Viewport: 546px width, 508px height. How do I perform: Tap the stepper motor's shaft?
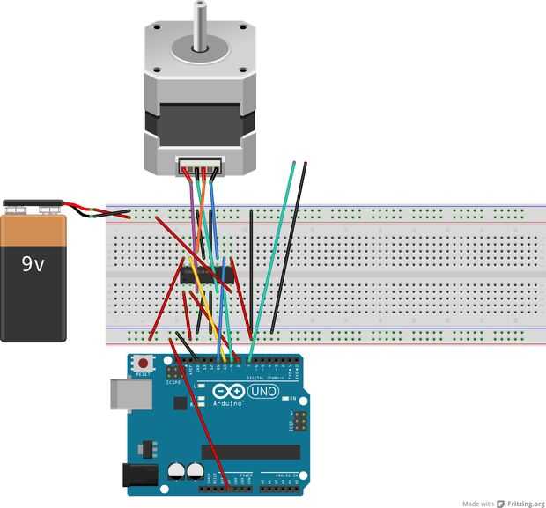pos(202,22)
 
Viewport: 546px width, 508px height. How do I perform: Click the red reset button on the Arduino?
pos(142,363)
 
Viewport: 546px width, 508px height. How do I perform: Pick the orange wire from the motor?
pos(201,211)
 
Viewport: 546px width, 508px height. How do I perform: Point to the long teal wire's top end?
pos(293,164)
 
